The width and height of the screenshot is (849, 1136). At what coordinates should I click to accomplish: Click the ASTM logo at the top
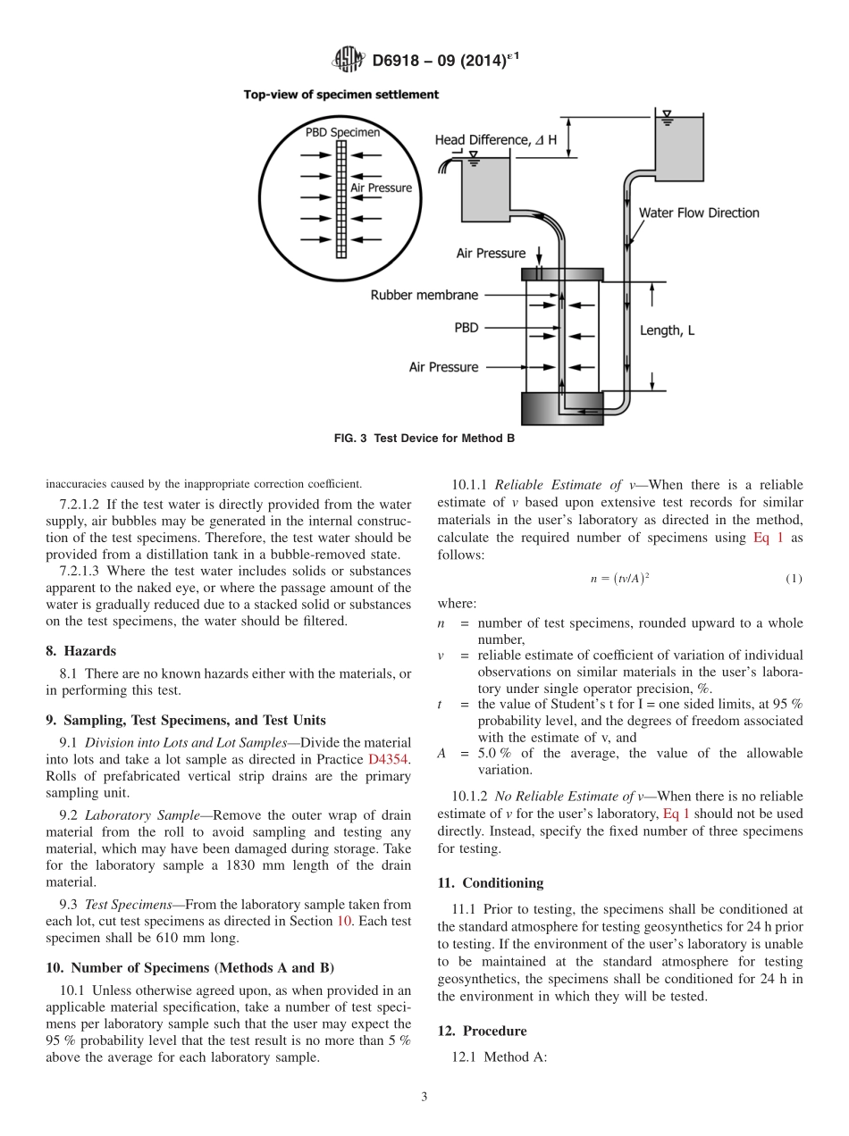click(x=348, y=60)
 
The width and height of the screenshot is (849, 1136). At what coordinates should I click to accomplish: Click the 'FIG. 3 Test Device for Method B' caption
click(x=424, y=439)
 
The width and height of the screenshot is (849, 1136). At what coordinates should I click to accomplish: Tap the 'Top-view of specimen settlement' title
click(x=340, y=94)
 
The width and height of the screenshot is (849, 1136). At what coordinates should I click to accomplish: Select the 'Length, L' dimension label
click(x=667, y=330)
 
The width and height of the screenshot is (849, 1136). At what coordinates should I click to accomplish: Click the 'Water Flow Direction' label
click(x=698, y=213)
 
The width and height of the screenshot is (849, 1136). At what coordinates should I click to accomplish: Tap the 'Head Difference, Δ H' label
click(x=495, y=140)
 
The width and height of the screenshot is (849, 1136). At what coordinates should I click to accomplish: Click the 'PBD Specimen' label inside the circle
click(x=342, y=133)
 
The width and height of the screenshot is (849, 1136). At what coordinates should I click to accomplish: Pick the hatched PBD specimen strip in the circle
click(x=340, y=197)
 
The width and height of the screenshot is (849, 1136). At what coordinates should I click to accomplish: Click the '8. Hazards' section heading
click(x=81, y=651)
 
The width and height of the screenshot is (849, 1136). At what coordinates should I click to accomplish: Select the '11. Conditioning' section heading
click(x=490, y=883)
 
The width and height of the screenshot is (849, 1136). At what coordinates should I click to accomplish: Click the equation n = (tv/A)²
click(x=619, y=579)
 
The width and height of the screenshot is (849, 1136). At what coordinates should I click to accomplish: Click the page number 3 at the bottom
click(x=424, y=1098)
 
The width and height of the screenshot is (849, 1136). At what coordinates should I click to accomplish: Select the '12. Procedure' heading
click(x=482, y=1031)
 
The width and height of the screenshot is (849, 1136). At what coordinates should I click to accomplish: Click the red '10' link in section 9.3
click(x=343, y=920)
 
